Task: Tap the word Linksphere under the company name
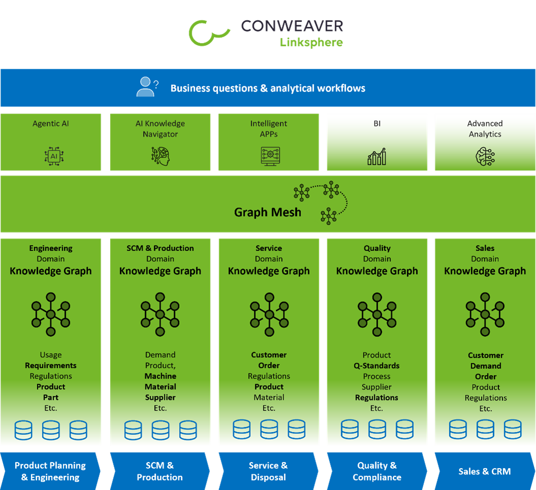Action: tap(311, 42)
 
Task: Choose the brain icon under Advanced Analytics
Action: tap(485, 156)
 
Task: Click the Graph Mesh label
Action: tap(267, 212)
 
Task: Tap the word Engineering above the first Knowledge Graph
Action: tap(51, 248)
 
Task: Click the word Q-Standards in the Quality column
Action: tap(377, 366)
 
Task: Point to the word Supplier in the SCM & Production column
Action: tap(160, 397)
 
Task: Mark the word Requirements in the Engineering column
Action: tap(51, 365)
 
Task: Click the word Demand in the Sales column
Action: tap(485, 366)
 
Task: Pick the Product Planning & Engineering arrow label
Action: tap(50, 471)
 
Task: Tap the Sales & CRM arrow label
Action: tap(484, 471)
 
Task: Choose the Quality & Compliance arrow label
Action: tap(377, 471)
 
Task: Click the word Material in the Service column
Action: tap(269, 397)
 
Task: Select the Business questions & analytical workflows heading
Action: tap(267, 88)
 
